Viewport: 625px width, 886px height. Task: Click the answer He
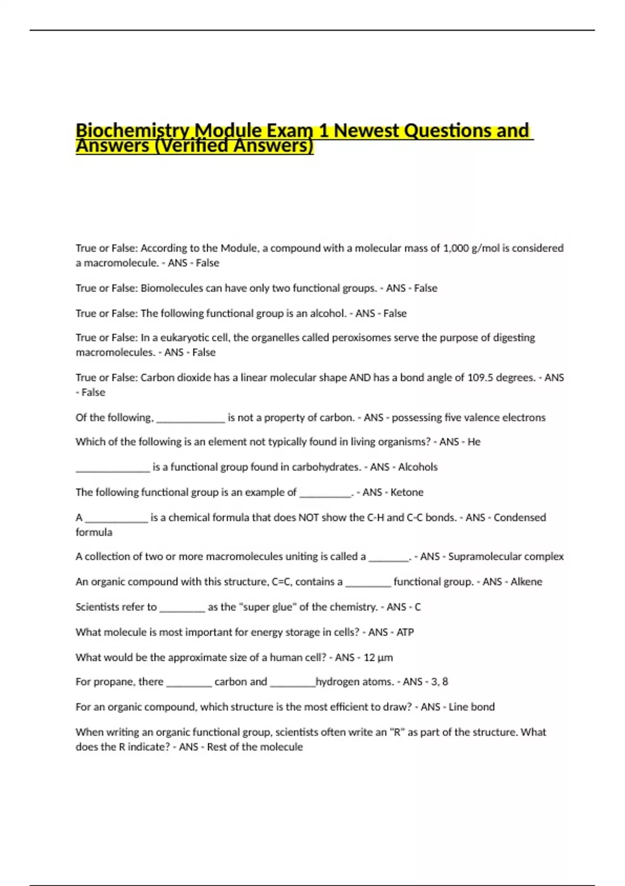(x=474, y=442)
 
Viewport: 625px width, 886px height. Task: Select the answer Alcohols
(x=418, y=467)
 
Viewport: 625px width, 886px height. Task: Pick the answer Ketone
(x=407, y=492)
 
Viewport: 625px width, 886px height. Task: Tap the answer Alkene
(x=526, y=582)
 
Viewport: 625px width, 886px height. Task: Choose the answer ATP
(x=405, y=632)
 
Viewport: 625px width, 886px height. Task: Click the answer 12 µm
(x=378, y=658)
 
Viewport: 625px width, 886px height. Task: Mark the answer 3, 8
(x=440, y=682)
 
